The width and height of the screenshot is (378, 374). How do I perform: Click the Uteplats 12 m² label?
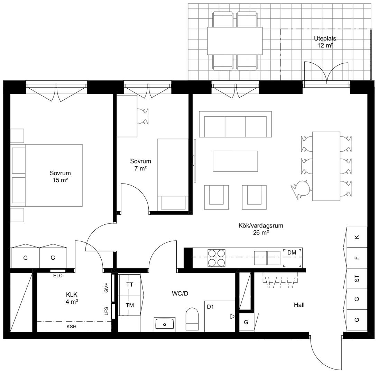click(x=325, y=42)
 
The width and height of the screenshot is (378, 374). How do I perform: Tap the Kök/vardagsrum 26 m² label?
click(x=261, y=229)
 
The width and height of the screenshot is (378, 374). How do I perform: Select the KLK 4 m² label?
click(x=72, y=298)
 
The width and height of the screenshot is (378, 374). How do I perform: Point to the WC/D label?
click(x=180, y=294)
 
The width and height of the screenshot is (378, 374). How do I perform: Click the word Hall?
click(x=299, y=305)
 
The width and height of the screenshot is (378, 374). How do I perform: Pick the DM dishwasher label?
click(x=292, y=253)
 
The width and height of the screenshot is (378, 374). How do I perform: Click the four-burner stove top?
click(x=216, y=258)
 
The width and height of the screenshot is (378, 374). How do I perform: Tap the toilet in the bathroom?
click(x=192, y=319)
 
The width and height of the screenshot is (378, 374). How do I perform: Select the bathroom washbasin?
click(x=165, y=324)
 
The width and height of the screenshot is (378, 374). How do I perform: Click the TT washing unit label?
click(x=130, y=285)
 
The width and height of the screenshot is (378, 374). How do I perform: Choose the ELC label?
click(x=58, y=276)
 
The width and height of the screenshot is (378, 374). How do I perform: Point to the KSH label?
click(x=72, y=327)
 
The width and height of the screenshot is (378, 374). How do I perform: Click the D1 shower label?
click(x=210, y=306)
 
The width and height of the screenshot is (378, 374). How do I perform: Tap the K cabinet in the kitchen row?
click(x=357, y=237)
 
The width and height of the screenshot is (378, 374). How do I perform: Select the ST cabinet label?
click(x=357, y=278)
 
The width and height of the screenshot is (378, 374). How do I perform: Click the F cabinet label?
click(x=357, y=258)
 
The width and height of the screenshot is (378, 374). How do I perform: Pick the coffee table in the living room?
click(x=235, y=161)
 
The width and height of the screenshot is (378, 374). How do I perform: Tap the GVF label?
click(x=107, y=288)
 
